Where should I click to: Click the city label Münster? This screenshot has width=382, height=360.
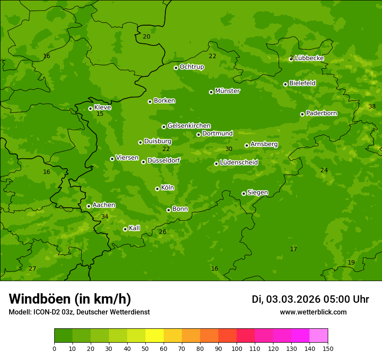click(x=227, y=91)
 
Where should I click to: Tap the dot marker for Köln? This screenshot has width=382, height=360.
click(x=157, y=189)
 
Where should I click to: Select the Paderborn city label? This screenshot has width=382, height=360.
click(x=321, y=113)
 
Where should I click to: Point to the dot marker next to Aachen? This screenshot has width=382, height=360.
click(x=89, y=206)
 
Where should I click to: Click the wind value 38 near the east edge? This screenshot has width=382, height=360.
click(x=372, y=106)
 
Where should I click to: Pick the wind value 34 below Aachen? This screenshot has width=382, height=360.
click(x=105, y=216)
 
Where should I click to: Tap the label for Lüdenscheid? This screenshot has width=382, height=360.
click(x=239, y=163)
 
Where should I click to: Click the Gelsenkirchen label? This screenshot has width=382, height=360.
click(x=189, y=126)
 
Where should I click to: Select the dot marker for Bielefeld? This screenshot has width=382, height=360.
click(x=285, y=84)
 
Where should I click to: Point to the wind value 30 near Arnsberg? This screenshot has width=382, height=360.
click(x=229, y=149)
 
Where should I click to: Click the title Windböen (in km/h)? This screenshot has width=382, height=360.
click(x=70, y=299)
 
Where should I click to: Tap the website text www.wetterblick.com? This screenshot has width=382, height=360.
click(x=313, y=312)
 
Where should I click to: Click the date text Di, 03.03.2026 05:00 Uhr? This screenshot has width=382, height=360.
click(x=310, y=299)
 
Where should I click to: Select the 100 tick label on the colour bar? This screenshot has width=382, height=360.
click(x=237, y=348)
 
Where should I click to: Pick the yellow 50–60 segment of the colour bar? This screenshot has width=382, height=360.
click(x=155, y=336)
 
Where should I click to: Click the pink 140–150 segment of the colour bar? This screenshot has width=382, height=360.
click(x=319, y=336)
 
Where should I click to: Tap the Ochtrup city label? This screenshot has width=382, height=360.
click(x=191, y=67)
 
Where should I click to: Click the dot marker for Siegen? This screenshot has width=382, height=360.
click(x=244, y=193)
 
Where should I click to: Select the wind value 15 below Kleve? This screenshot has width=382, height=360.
click(x=100, y=114)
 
